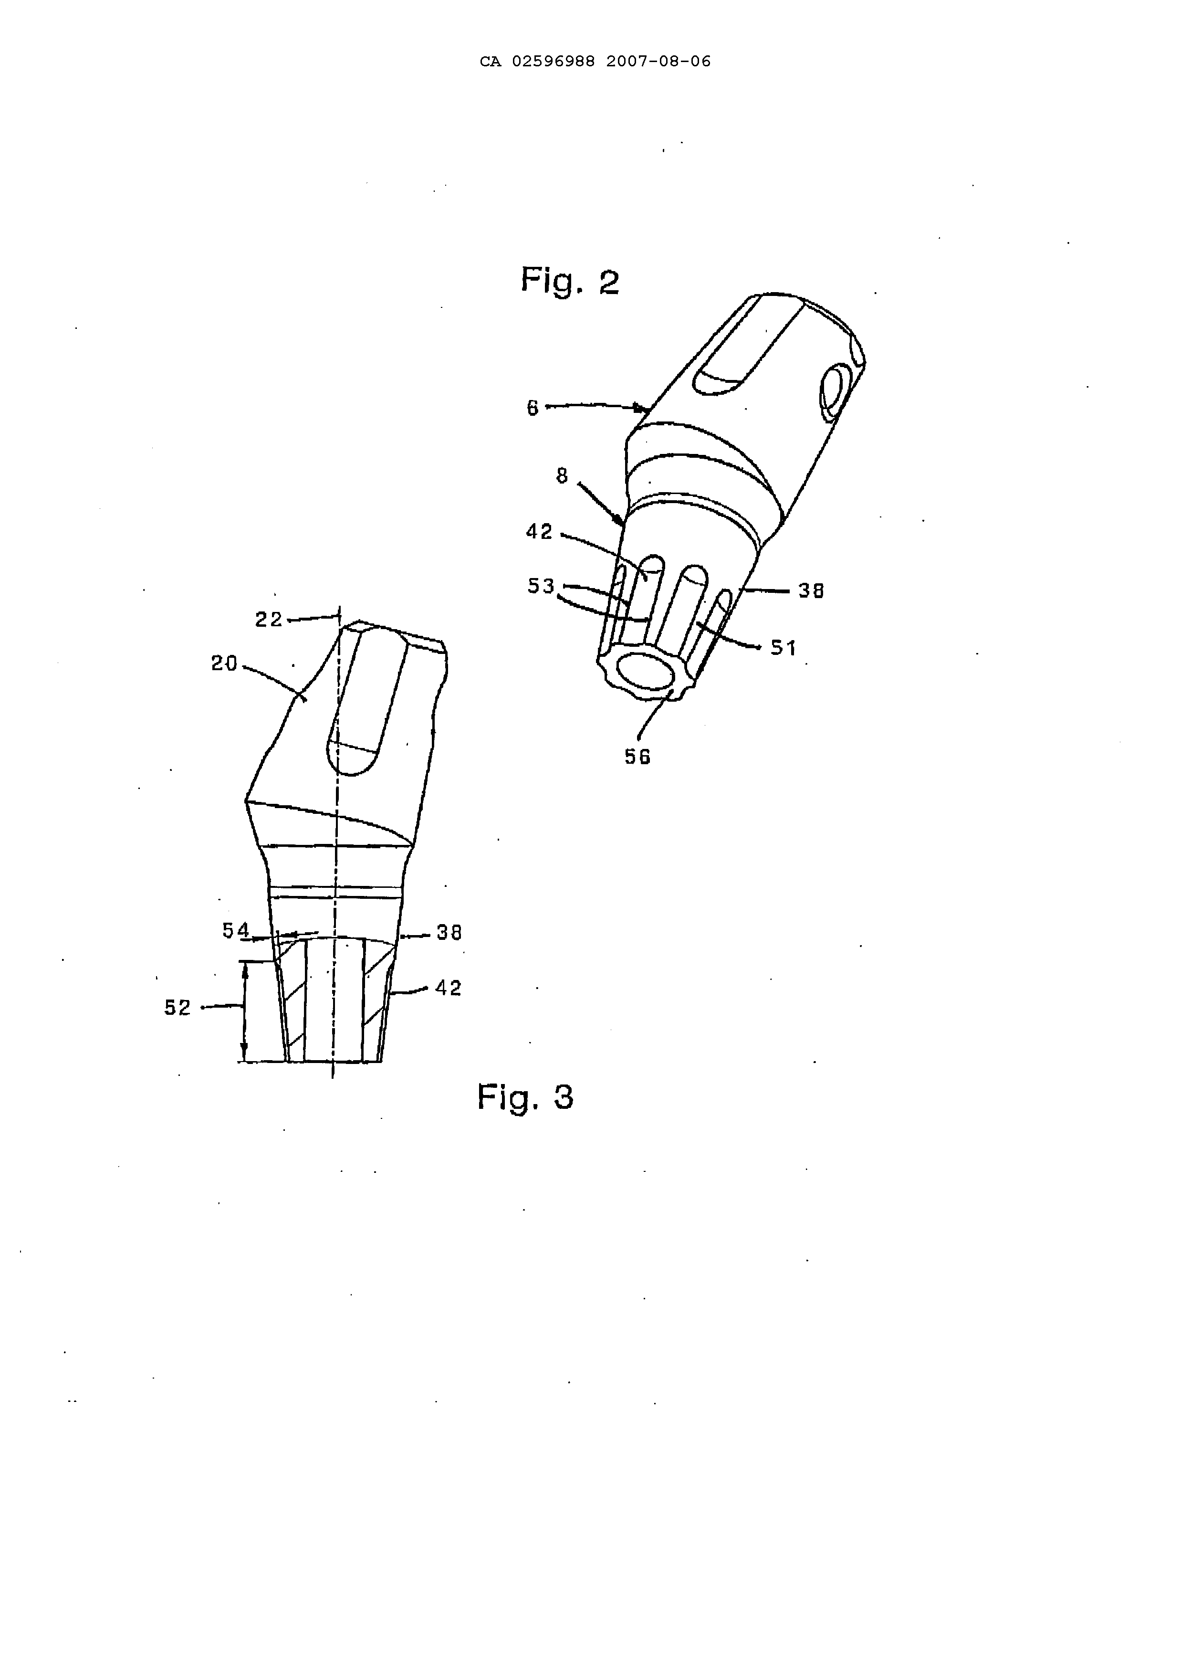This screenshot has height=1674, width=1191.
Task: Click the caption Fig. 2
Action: pos(570,281)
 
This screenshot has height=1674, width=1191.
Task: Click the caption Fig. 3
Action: pos(525,1097)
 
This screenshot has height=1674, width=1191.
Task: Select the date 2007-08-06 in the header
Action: pos(658,62)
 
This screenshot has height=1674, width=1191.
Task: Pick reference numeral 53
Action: pos(541,586)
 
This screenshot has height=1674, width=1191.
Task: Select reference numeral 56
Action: pos(637,757)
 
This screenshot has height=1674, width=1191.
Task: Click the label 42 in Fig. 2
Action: pos(540,531)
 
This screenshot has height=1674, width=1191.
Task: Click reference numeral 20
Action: pos(224,664)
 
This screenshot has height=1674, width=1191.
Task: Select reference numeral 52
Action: pos(178,1008)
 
